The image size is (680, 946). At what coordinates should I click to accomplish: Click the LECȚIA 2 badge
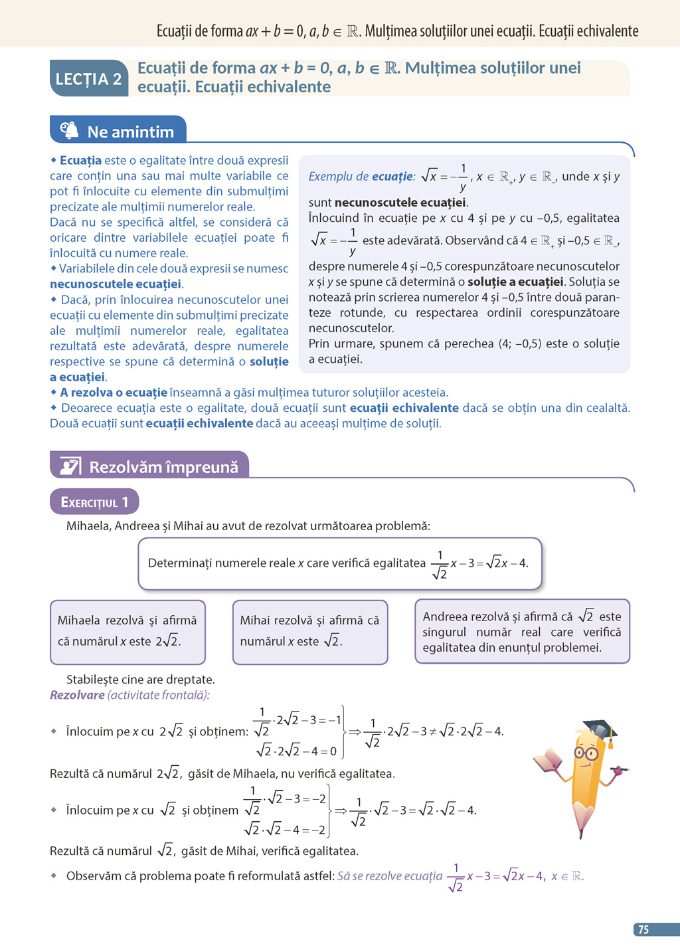(88, 79)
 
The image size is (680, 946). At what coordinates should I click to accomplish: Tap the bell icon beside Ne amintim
(69, 130)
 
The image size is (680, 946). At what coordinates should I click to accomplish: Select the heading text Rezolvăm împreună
(163, 467)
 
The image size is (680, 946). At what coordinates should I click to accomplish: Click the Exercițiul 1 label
(94, 502)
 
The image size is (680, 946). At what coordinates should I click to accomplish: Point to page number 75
(643, 929)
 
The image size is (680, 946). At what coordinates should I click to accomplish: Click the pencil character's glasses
(586, 753)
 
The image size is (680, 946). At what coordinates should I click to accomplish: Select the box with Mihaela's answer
(127, 632)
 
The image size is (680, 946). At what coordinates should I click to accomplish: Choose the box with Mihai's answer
(310, 632)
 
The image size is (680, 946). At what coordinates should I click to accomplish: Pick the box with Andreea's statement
(522, 632)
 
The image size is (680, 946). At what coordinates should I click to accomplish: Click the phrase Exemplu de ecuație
(361, 177)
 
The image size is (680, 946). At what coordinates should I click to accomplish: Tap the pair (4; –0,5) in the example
(523, 344)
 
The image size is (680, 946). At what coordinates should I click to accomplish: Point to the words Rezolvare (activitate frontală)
(129, 695)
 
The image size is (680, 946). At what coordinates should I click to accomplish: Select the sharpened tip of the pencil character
(582, 828)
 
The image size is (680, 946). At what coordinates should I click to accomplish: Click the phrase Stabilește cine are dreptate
(140, 680)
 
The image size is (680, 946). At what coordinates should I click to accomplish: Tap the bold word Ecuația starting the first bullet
(80, 160)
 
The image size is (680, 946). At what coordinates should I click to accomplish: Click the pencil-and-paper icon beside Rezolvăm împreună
(70, 466)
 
